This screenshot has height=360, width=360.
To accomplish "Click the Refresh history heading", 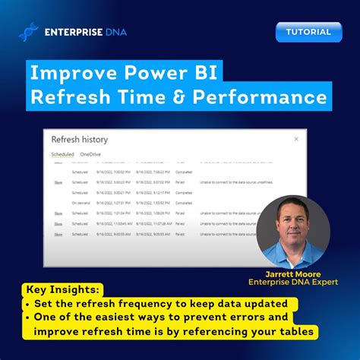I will tap(79, 140).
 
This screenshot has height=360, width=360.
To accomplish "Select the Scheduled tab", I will tap(62, 154).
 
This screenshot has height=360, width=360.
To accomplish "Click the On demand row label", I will tap(81, 203).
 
